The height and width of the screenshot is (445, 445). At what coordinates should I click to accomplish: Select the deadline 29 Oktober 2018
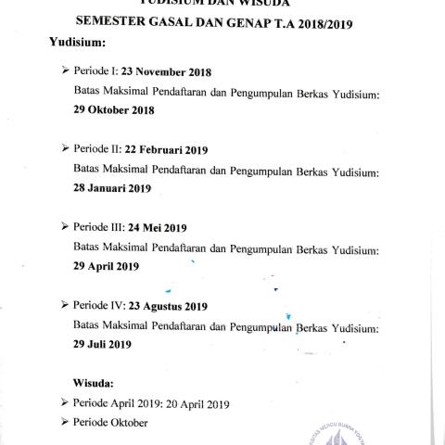click(114, 109)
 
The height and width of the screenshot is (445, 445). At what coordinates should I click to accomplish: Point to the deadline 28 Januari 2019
click(112, 188)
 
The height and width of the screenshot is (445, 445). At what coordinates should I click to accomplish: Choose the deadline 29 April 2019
click(106, 266)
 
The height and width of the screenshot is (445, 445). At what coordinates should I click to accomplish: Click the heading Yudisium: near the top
click(79, 43)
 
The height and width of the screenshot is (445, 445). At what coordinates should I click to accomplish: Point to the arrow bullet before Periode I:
click(64, 71)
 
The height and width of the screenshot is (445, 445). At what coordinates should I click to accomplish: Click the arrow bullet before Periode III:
click(64, 227)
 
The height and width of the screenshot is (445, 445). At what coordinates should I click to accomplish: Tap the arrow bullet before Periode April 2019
click(64, 402)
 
